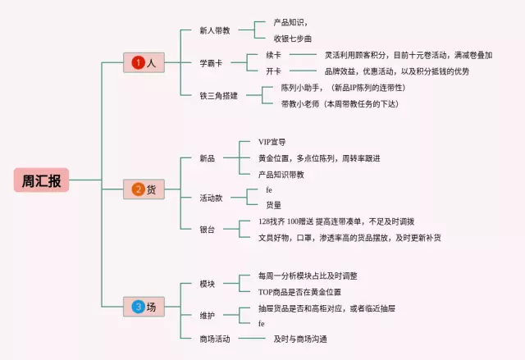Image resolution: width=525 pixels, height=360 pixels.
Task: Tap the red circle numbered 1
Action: coord(139,62)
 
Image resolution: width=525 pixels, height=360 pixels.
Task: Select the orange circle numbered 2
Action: coord(139,189)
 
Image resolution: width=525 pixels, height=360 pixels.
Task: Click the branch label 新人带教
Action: coord(215,30)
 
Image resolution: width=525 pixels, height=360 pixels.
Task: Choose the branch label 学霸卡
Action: coord(212,62)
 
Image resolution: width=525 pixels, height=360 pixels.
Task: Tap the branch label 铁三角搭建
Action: coord(218,95)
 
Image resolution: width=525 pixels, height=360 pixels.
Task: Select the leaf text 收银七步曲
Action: coord(294,38)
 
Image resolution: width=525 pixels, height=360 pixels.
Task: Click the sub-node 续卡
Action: coord(274,55)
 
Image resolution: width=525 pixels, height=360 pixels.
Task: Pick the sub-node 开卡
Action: coord(274,71)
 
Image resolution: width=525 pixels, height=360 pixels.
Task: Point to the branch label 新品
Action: coord(207,157)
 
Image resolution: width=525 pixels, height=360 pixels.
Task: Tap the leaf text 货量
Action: coord(274,205)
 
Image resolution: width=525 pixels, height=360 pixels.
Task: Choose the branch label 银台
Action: coord(207,230)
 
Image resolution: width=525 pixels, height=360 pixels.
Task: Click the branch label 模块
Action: coord(207,284)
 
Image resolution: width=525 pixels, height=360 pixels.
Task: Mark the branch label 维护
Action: coord(207,315)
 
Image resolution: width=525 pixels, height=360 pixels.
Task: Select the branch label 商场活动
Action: coord(215,339)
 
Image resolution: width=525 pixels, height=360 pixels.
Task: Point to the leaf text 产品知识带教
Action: coord(281,174)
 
